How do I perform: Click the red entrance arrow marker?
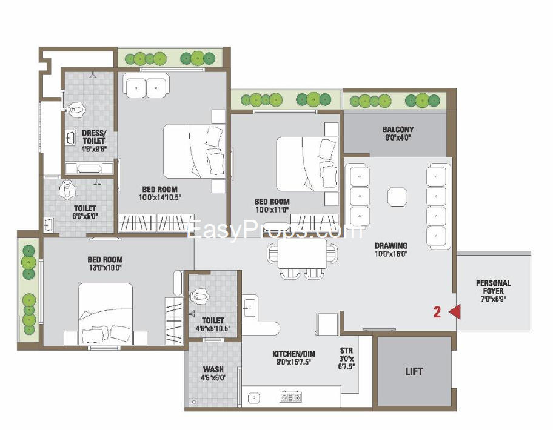point(455,312)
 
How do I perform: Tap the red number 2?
point(437,312)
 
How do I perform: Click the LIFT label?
point(414,371)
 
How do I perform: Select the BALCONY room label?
point(398,129)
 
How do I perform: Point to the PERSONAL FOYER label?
point(493,287)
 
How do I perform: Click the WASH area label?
point(213,369)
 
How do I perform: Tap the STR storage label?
point(346,351)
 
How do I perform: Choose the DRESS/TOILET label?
point(94,137)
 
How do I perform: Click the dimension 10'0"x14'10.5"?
point(159,197)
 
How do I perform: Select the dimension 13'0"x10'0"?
point(106,268)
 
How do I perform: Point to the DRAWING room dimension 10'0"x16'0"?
point(391,254)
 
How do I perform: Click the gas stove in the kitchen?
point(290,397)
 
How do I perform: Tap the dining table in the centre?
point(302,254)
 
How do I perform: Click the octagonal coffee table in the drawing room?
point(398,197)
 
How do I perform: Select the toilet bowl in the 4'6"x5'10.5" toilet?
point(199,297)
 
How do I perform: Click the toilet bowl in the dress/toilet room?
point(77,110)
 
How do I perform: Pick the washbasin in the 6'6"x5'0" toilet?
point(49,225)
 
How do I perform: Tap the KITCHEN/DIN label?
point(293,354)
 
